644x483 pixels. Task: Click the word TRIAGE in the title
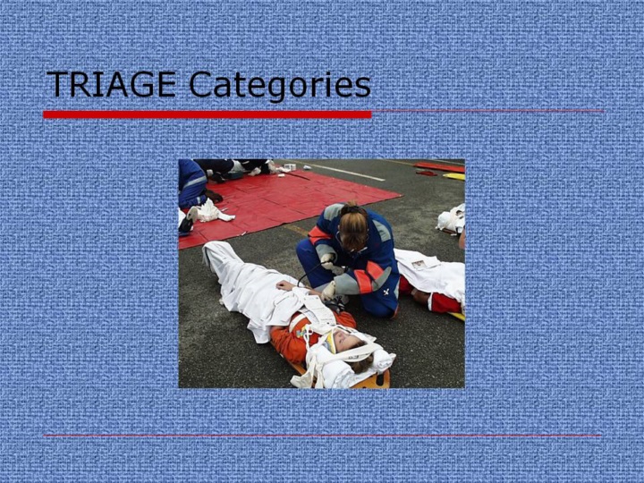tap(111, 84)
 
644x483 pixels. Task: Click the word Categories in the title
tap(280, 86)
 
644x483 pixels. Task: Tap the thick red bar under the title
tap(207, 114)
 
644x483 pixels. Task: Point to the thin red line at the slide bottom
tap(322, 436)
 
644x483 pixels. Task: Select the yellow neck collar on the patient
tap(330, 342)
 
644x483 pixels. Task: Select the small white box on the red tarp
tap(290, 166)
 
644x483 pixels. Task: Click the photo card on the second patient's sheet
tap(419, 265)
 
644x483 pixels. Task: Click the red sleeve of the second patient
tap(445, 302)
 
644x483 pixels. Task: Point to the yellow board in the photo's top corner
tap(453, 176)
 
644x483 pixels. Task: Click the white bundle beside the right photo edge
tap(451, 219)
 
